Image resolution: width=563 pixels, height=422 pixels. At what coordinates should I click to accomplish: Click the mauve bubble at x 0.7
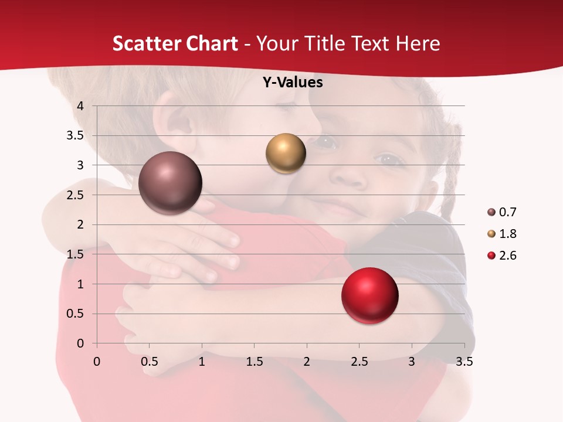click(170, 183)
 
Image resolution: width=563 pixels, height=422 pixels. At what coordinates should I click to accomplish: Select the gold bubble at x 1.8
click(286, 154)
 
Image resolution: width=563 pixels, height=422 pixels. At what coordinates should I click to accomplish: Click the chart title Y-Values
click(292, 83)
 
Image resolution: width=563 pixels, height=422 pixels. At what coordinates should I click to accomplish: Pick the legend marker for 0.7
click(491, 212)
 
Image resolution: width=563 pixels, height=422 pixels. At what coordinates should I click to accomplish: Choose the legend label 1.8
click(507, 234)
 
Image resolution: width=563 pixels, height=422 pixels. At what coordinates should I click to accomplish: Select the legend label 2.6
click(507, 256)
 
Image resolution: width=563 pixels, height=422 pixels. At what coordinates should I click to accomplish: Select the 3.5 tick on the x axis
click(464, 362)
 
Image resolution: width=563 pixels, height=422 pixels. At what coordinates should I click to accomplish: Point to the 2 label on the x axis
click(307, 362)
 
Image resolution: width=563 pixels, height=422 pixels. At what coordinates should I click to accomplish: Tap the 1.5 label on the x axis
click(254, 362)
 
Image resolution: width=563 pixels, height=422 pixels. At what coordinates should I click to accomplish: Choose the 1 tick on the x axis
click(202, 362)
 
